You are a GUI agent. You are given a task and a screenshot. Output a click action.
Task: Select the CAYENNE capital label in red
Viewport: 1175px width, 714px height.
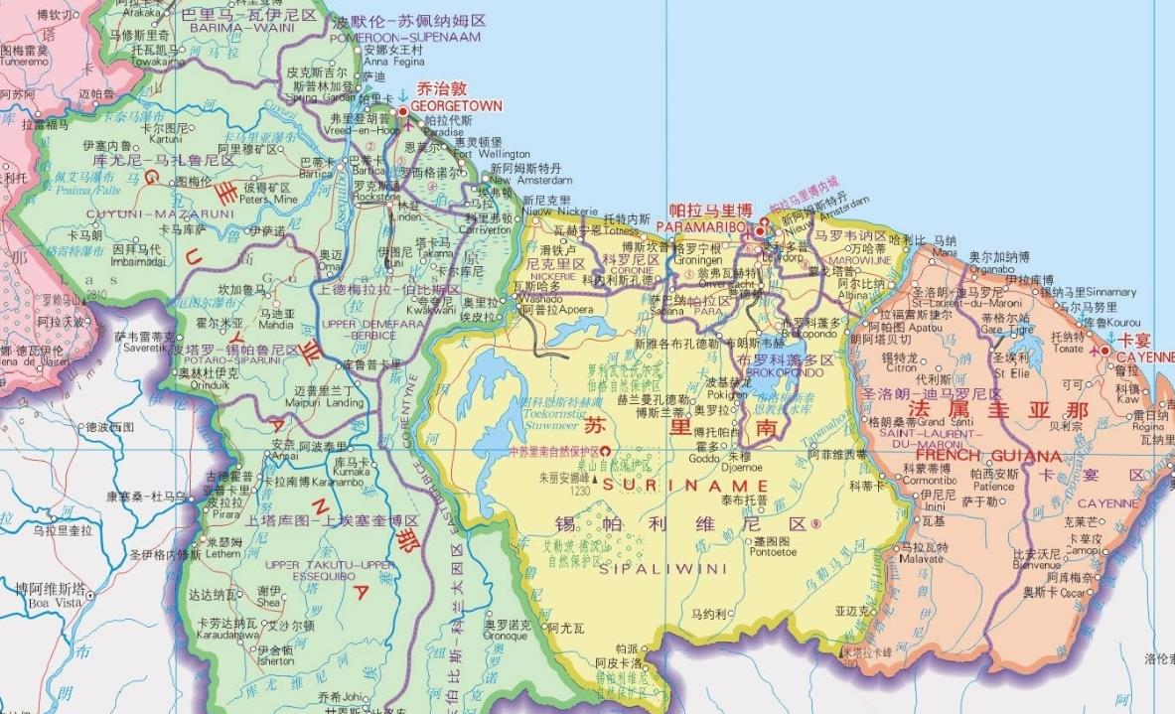tap(1144, 357)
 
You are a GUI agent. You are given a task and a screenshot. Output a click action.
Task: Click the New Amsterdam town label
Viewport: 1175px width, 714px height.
tap(531, 181)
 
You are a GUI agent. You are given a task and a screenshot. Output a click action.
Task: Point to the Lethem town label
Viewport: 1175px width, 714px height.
tap(223, 554)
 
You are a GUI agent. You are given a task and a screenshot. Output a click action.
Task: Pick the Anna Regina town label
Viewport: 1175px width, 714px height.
tap(394, 62)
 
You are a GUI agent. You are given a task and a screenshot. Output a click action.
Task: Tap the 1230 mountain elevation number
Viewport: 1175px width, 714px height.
tap(580, 490)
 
